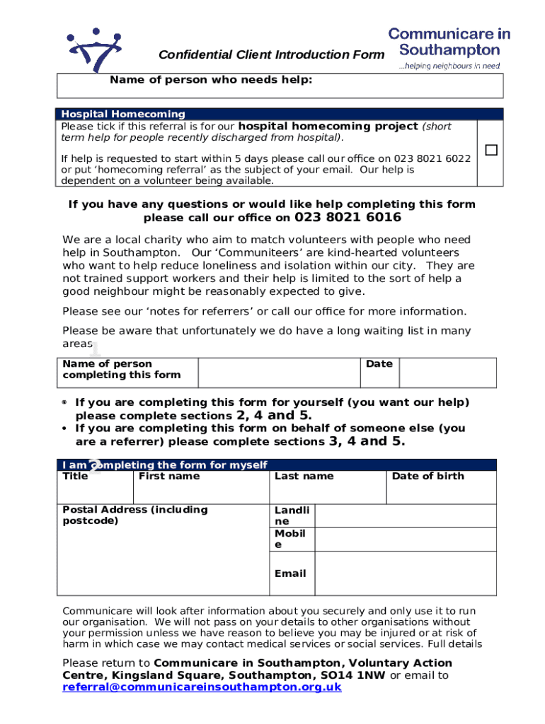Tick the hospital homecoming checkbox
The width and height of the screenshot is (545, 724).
pos(490,151)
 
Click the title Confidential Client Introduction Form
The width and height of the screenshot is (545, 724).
pos(272,55)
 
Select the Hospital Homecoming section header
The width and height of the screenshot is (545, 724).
pos(122,114)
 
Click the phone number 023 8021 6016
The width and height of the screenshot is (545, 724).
pos(348,218)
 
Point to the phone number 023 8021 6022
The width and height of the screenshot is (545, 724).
pos(435,158)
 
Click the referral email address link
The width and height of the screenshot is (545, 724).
pos(202,687)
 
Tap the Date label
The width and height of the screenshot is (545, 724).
pos(379,363)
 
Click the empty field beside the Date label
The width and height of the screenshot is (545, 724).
pos(447,372)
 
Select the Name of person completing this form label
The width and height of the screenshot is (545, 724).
pos(121,369)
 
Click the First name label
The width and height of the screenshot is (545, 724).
pos(169,476)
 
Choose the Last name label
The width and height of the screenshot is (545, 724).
pos(304,476)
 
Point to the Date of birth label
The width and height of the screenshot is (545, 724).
pos(428,476)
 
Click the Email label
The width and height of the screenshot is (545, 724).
pos(290,573)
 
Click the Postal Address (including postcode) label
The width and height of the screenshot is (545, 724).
pos(135,515)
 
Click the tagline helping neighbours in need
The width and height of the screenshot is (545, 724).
pos(449,66)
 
